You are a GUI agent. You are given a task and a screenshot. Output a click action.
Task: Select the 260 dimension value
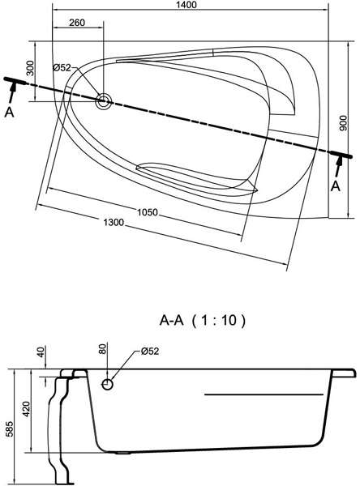(77, 23)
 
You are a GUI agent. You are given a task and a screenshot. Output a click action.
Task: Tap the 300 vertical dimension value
(30, 68)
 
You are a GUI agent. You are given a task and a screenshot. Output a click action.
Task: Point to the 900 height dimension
(343, 123)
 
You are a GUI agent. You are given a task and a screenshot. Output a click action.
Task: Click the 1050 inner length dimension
(148, 212)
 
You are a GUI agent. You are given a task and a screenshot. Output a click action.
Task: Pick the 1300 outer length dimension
(114, 222)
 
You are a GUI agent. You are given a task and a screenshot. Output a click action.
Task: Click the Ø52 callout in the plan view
(62, 68)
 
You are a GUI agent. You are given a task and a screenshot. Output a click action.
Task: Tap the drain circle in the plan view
(103, 100)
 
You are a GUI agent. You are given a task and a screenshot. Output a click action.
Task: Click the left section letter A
(9, 113)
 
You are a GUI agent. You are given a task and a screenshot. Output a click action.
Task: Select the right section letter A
(336, 186)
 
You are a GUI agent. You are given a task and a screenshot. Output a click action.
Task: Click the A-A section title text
(172, 320)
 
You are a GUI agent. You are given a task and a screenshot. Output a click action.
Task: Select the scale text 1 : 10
(218, 320)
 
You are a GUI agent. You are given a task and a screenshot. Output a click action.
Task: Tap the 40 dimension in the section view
(41, 352)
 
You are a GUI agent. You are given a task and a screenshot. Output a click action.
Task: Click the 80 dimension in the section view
(103, 348)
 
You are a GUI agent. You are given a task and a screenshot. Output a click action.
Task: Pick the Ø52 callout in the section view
(149, 352)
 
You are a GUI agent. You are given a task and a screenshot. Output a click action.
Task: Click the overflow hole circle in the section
(107, 385)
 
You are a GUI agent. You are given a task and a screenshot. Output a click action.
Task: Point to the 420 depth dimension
(27, 409)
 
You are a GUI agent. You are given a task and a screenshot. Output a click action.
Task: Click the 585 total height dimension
(10, 428)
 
